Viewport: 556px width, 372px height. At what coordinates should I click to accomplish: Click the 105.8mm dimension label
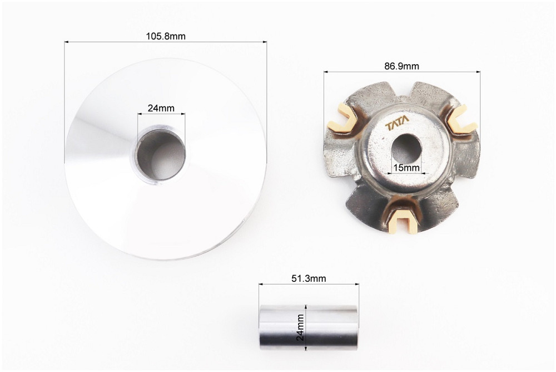(166, 36)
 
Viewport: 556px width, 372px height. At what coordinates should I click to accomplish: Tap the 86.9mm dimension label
(402, 66)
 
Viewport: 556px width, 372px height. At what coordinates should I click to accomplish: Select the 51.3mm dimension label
(309, 278)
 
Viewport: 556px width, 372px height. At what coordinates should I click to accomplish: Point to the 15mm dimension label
(406, 168)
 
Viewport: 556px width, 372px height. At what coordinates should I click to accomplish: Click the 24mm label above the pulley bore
(161, 108)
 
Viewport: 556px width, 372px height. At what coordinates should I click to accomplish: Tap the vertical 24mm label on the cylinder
(300, 327)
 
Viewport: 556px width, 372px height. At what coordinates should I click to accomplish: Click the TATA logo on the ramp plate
(397, 123)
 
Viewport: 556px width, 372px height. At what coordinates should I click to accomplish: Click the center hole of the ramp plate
(406, 149)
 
